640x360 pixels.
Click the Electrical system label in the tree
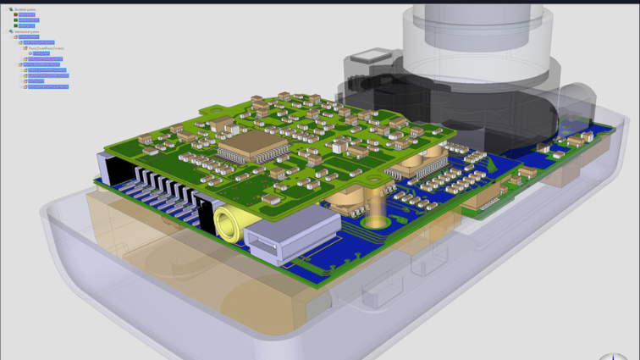(26, 9)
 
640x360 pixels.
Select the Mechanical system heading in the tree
(27, 31)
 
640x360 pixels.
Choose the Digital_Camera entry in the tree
(29, 37)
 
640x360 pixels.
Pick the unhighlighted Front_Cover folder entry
(47, 48)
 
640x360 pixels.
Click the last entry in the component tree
(48, 86)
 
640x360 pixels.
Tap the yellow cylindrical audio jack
(229, 224)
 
